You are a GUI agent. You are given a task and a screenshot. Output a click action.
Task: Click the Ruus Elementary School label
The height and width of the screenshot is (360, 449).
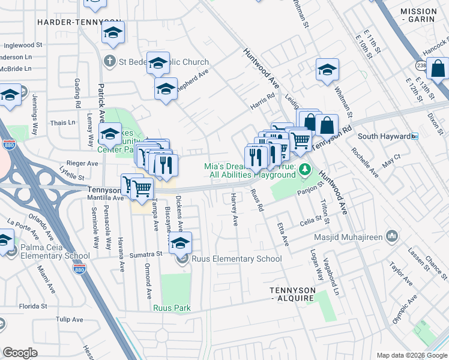236,259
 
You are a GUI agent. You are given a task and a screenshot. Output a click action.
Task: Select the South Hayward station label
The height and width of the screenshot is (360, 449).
384,136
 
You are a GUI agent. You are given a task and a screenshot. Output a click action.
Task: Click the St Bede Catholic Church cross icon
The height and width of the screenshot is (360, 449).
109,61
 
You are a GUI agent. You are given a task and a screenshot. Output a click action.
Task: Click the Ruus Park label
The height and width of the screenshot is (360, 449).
172,308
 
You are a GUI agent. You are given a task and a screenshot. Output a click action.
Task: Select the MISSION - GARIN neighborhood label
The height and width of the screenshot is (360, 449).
418,16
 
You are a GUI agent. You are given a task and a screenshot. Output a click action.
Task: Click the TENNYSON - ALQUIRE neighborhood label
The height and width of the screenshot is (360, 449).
292,294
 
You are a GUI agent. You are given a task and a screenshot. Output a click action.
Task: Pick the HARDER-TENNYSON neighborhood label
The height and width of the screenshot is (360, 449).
79,22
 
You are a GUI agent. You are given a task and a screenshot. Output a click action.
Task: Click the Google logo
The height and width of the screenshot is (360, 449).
20,353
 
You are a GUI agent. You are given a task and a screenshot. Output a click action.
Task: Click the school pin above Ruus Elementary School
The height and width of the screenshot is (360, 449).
179,242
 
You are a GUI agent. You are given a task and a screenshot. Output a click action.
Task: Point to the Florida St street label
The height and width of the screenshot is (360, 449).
32,306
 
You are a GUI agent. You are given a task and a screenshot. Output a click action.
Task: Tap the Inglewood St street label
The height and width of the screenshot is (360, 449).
23,45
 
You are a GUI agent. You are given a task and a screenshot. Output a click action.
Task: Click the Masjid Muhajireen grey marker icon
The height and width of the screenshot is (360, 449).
392,235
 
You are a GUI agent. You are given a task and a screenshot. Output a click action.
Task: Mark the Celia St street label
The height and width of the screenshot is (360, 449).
311,223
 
